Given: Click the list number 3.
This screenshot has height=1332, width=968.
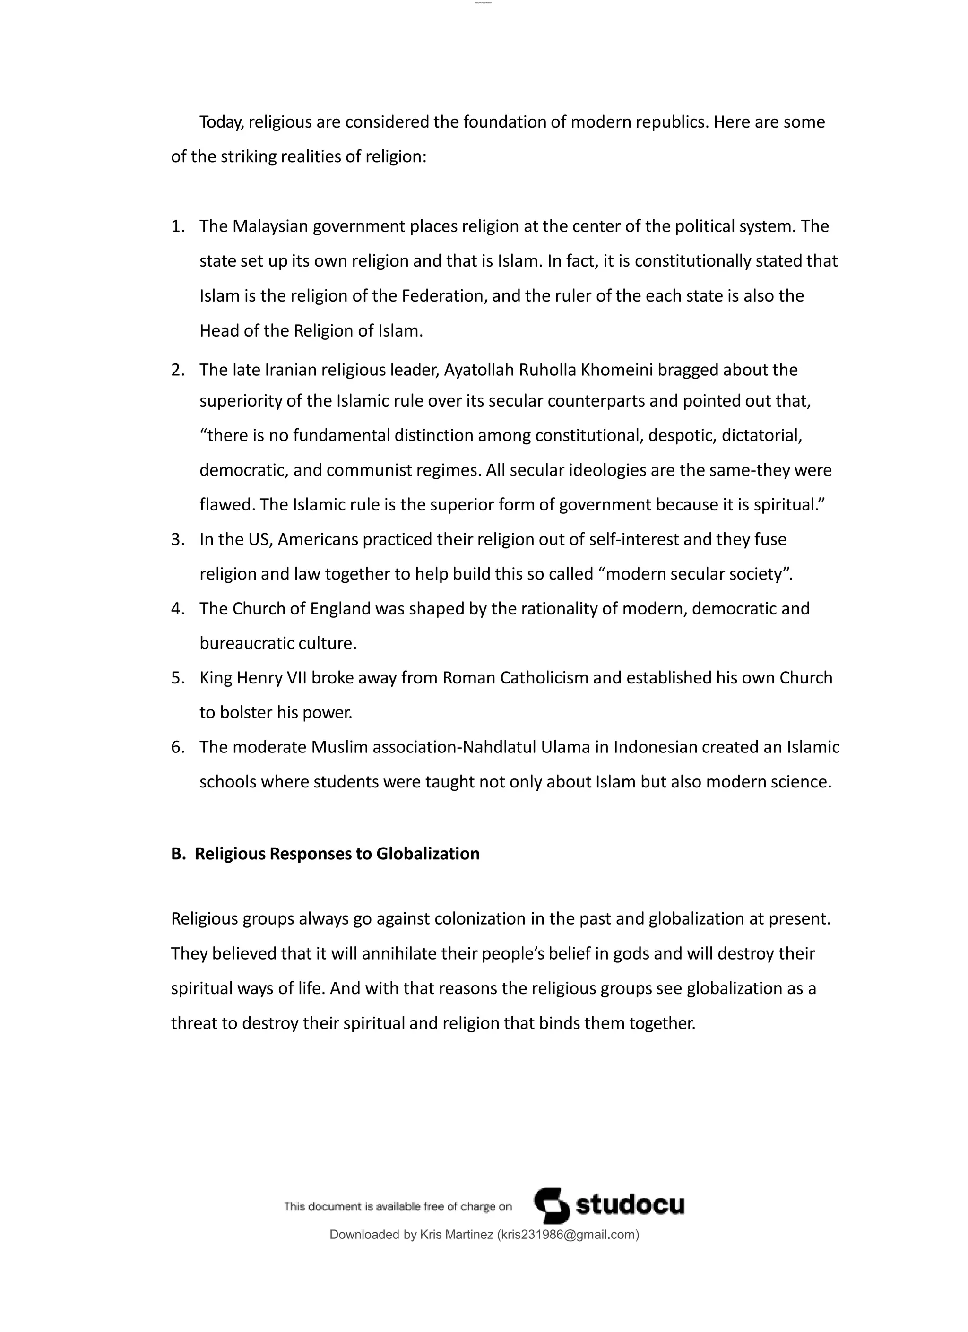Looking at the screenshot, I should click(x=177, y=539).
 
